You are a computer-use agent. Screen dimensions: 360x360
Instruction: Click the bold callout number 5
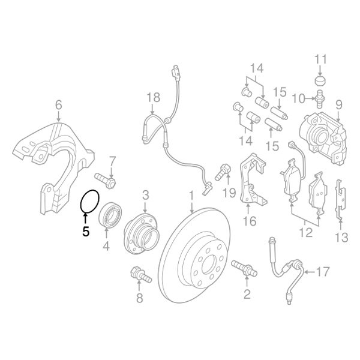pyautogui.click(x=85, y=229)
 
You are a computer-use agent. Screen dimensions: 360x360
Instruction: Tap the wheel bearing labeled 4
pyautogui.click(x=111, y=215)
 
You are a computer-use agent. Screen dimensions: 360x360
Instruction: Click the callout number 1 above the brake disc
pyautogui.click(x=191, y=196)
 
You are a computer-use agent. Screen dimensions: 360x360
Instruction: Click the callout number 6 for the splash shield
pyautogui.click(x=58, y=107)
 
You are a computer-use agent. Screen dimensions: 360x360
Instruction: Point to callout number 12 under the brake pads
pyautogui.click(x=305, y=230)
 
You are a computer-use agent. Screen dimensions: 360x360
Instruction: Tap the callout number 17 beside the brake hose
pyautogui.click(x=322, y=272)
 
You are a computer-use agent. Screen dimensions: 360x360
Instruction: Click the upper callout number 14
pyautogui.click(x=257, y=68)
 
